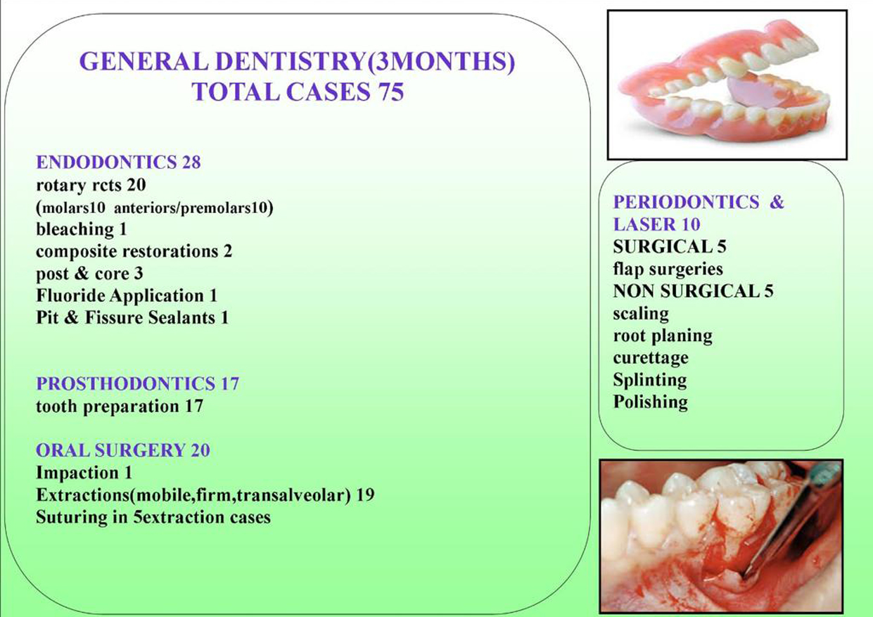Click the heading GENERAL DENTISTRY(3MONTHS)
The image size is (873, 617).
click(298, 62)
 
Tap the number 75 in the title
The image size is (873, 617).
click(390, 92)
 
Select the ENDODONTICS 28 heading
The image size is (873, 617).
click(118, 162)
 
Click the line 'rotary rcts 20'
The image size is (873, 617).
click(91, 185)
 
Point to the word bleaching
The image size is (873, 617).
click(75, 229)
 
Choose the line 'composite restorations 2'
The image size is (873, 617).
click(134, 252)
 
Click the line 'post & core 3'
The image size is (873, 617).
click(89, 274)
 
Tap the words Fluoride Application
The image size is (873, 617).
click(120, 295)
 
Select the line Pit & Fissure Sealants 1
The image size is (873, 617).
click(132, 318)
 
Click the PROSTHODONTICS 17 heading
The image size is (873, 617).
click(138, 383)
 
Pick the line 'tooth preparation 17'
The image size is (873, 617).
click(120, 407)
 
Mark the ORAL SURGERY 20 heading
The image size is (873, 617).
click(123, 450)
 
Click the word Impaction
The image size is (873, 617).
click(77, 473)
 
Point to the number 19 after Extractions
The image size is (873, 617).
click(366, 495)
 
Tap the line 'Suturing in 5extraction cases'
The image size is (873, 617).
click(153, 518)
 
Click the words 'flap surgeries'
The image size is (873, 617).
click(668, 269)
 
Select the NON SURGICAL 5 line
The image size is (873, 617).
click(694, 291)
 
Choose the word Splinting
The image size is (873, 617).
click(650, 381)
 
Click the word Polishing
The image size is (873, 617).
click(651, 402)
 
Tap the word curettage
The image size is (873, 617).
click(651, 358)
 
